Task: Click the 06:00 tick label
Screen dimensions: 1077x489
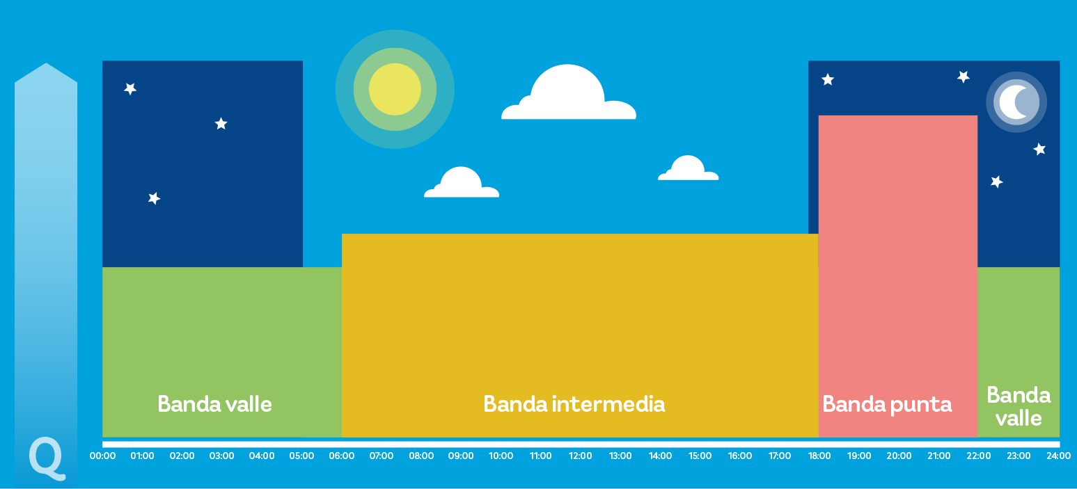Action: pyautogui.click(x=341, y=456)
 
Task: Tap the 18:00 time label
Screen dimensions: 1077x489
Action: pyautogui.click(x=819, y=456)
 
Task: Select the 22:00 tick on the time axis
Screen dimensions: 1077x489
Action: pyautogui.click(x=978, y=456)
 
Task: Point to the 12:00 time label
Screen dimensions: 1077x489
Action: pyautogui.click(x=581, y=456)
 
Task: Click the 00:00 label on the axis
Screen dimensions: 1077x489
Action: pyautogui.click(x=102, y=456)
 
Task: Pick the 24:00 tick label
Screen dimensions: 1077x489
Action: pyautogui.click(x=1058, y=456)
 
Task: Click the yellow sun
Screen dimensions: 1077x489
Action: pyautogui.click(x=395, y=89)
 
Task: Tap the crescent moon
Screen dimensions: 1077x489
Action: pyautogui.click(x=1012, y=102)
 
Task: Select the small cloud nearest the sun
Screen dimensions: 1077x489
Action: pyautogui.click(x=461, y=182)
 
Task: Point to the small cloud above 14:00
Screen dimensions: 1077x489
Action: pyautogui.click(x=688, y=168)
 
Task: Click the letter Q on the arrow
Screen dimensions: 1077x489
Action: pyautogui.click(x=47, y=458)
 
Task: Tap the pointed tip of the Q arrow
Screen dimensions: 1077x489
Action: pyautogui.click(x=46, y=63)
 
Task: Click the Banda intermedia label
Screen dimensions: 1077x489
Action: pyautogui.click(x=574, y=404)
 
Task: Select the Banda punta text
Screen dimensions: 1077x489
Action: pyautogui.click(x=887, y=405)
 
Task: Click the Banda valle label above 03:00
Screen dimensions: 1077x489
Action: pyautogui.click(x=214, y=404)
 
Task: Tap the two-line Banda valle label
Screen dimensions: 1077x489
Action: pyautogui.click(x=1019, y=407)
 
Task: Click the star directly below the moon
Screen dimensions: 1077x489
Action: pyautogui.click(x=1039, y=150)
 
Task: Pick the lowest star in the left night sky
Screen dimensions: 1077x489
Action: pyautogui.click(x=154, y=198)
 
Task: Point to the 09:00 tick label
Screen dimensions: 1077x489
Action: pyautogui.click(x=461, y=456)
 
